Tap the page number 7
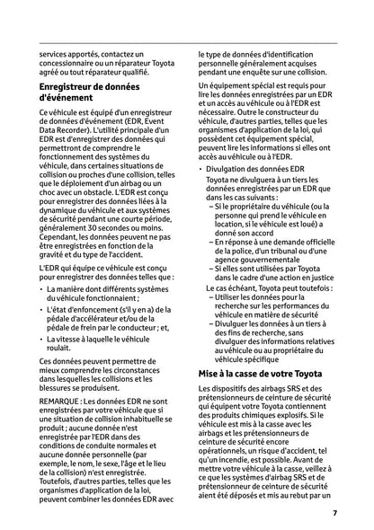click(334, 513)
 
